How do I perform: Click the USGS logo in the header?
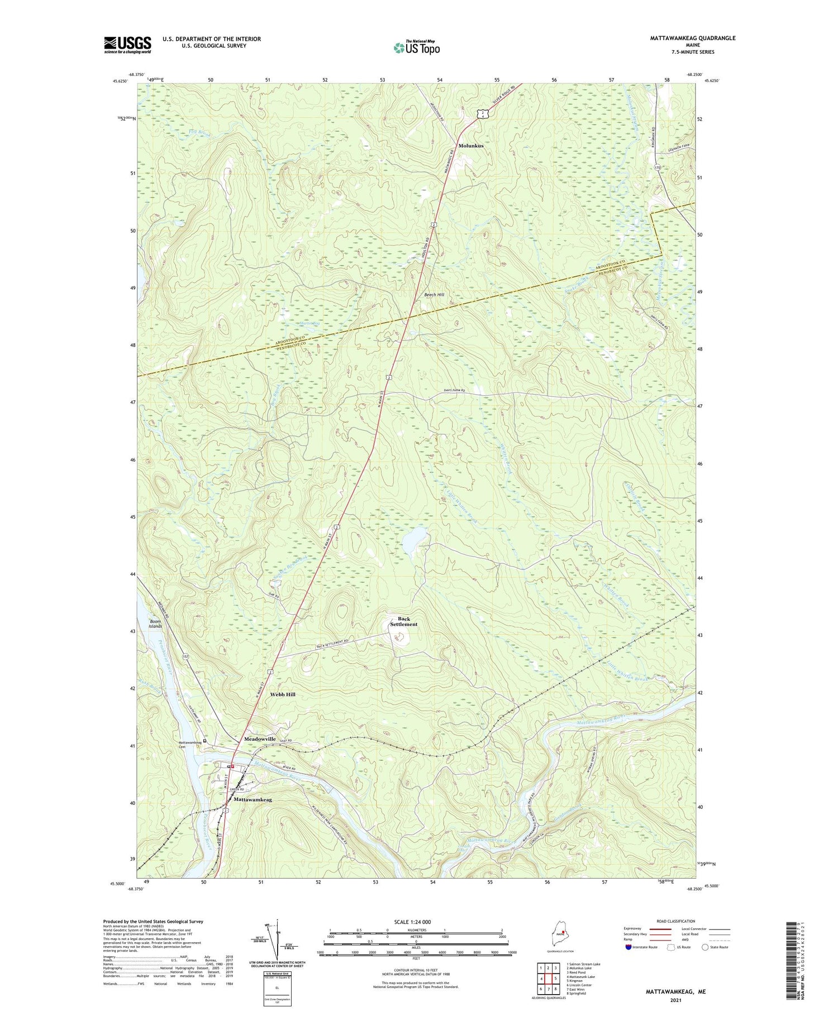tap(127, 45)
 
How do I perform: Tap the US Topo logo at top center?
tap(416, 47)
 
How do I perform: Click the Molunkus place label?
tap(471, 146)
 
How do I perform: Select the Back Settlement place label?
tap(403, 621)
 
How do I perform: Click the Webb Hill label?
tap(283, 694)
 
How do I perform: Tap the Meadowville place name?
tap(260, 738)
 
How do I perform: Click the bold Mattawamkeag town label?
tap(253, 800)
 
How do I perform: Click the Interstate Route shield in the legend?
tap(629, 947)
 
